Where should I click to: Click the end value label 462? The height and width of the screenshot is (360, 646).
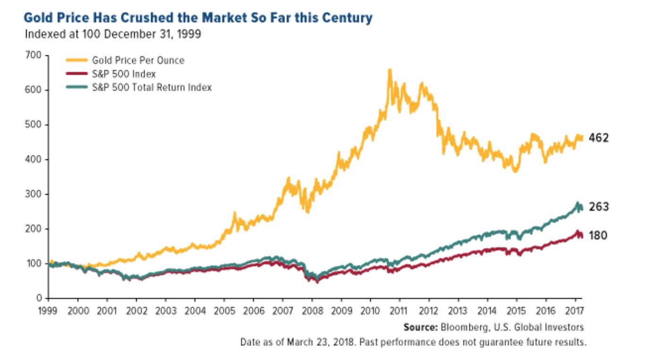tap(599, 138)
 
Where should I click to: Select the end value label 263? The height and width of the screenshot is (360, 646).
tap(599, 207)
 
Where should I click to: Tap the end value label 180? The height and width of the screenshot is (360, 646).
tap(598, 235)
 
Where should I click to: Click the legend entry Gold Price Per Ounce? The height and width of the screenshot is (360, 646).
tap(138, 60)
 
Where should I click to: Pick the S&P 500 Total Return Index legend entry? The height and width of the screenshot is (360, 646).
tap(152, 87)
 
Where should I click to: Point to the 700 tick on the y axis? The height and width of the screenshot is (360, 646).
tap(37, 56)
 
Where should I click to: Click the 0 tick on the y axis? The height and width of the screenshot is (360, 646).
tap(41, 298)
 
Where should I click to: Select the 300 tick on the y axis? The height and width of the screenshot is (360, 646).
tap(37, 194)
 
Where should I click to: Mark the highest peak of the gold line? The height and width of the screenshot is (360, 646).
tap(390, 70)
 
